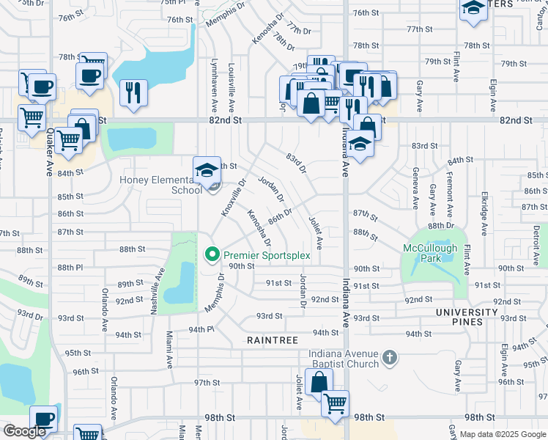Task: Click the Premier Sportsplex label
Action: click(x=267, y=255)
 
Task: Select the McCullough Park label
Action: click(x=430, y=253)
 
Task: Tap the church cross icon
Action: click(x=390, y=359)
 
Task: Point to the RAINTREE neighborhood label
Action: click(x=273, y=340)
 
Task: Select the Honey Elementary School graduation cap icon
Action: click(x=207, y=169)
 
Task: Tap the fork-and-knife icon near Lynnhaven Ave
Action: click(x=133, y=92)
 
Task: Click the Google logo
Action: click(x=23, y=431)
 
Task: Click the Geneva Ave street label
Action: click(x=415, y=187)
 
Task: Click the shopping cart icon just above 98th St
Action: click(x=336, y=403)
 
